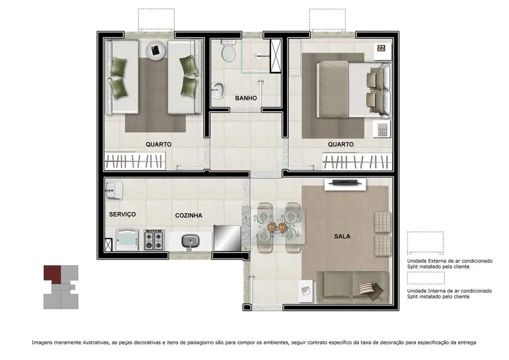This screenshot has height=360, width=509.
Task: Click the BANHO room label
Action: [x=246, y=98]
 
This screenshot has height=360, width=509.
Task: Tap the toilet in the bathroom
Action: [x=227, y=53]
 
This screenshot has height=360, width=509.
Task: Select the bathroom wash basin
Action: [x=219, y=89]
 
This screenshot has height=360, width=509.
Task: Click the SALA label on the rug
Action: [x=342, y=236]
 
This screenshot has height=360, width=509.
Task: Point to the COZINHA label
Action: [x=188, y=215]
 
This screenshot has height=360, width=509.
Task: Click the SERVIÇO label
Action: [x=122, y=214]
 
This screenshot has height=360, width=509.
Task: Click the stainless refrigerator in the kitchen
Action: [x=227, y=238]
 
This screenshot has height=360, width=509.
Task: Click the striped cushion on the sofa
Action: [x=369, y=288]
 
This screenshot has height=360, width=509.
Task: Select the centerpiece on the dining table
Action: [x=273, y=227]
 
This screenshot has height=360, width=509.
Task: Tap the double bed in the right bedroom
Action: [x=345, y=90]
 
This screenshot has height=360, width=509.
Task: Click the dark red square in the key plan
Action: [x=52, y=272]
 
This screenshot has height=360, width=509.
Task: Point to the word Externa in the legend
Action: [x=440, y=260]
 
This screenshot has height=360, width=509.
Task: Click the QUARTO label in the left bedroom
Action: [x=158, y=144]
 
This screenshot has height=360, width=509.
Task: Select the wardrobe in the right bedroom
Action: [x=355, y=162]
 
